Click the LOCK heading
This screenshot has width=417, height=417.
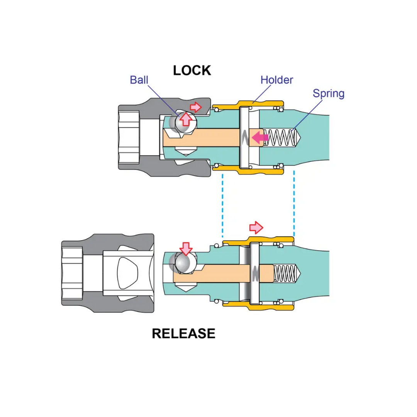click(x=192, y=71)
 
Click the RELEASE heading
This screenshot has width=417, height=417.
click(x=183, y=334)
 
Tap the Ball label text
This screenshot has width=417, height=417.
click(x=139, y=80)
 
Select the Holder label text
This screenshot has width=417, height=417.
click(x=276, y=80)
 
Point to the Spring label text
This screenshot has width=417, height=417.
click(x=329, y=93)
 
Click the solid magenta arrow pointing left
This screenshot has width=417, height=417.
click(x=260, y=137)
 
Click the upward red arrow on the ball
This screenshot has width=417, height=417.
click(x=186, y=119)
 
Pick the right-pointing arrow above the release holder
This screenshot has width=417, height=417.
click(x=256, y=228)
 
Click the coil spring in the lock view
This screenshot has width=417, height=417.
click(x=281, y=137)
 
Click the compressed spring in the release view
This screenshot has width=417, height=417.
click(x=285, y=273)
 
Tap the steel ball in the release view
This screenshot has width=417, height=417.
click(x=183, y=263)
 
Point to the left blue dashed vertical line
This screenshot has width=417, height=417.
click(x=223, y=205)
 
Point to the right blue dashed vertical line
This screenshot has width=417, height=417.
click(x=294, y=204)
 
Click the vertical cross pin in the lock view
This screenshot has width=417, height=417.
click(x=244, y=137)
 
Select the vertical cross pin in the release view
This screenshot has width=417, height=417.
click(x=254, y=273)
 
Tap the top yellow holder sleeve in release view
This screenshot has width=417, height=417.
click(x=258, y=241)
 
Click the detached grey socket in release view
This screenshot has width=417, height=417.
click(x=108, y=273)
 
